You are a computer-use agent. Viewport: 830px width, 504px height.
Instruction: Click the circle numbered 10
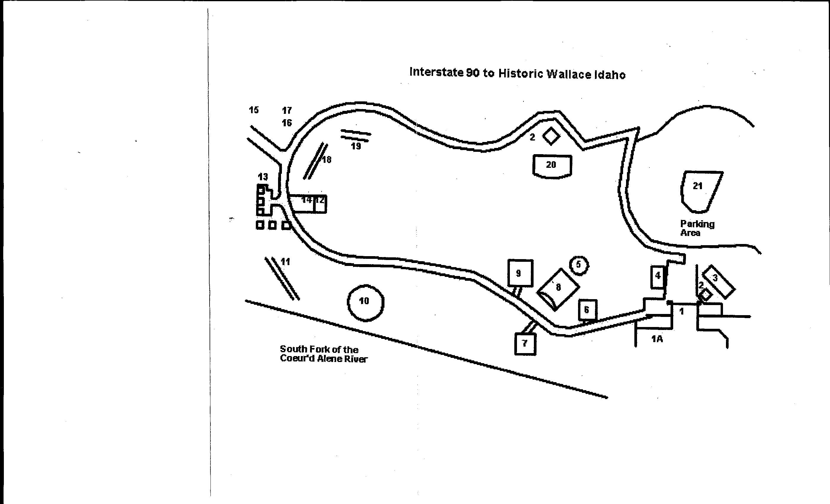coord(365,302)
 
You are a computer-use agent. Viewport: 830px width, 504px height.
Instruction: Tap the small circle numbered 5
coord(579,265)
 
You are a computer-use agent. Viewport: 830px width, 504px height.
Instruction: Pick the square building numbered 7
coord(525,344)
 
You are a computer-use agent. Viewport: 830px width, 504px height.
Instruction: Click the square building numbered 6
coord(588,310)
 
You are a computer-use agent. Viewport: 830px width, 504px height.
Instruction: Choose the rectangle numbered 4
coord(657,277)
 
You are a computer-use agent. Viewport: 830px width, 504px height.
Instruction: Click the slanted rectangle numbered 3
coord(718,282)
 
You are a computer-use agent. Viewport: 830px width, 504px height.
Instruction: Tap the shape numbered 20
coord(552,165)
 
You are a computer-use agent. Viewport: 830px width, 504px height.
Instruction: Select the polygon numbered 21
coord(700,190)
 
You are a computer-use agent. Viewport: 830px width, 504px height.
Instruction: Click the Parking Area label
coord(697,228)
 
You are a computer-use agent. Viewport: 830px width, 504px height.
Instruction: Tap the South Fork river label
coord(323,354)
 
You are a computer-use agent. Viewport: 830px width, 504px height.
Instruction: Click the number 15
coord(254,110)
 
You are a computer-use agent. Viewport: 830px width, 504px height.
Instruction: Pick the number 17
coord(287,110)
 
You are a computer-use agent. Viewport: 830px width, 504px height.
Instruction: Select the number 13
coord(263,176)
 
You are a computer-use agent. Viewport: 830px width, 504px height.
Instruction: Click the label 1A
coord(657,339)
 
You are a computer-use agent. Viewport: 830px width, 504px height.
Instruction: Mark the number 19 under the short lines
coord(356,146)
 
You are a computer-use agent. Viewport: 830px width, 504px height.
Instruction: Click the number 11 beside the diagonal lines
coord(285,262)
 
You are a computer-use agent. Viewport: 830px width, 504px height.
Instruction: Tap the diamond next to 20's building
coord(551,136)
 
